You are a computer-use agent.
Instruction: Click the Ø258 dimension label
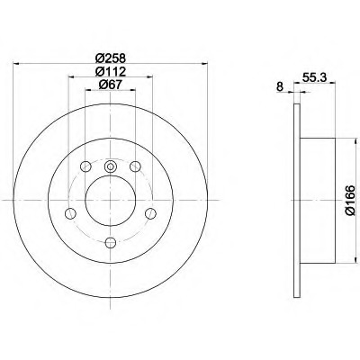pyautogui.click(x=111, y=58)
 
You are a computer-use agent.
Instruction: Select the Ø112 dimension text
pyautogui.click(x=110, y=71)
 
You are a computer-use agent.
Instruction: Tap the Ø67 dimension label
pyautogui.click(x=110, y=85)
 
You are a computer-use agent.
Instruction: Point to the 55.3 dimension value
pyautogui.click(x=314, y=78)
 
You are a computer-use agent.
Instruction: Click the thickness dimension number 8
pyautogui.click(x=280, y=87)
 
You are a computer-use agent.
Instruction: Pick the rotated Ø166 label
pyautogui.click(x=350, y=201)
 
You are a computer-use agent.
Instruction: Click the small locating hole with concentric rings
pyautogui.click(x=111, y=166)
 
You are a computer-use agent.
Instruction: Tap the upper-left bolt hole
pyautogui.click(x=85, y=166)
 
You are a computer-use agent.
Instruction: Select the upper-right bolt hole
pyautogui.click(x=135, y=166)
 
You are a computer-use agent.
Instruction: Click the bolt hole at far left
pyautogui.click(x=70, y=213)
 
